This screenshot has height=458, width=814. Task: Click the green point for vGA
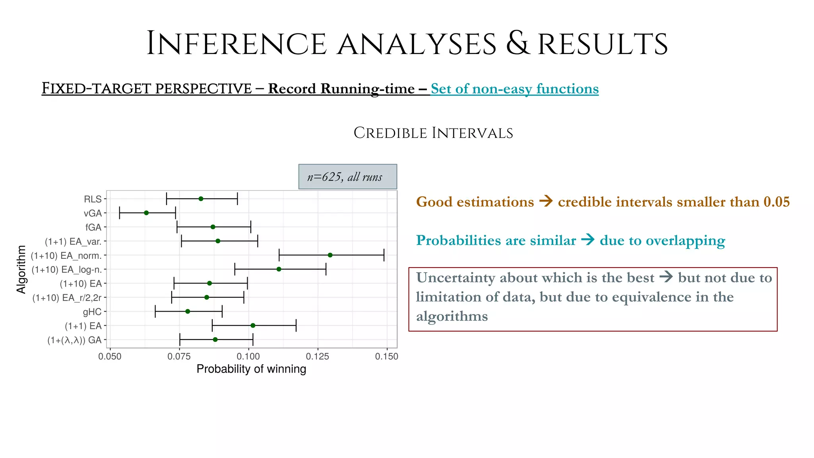click(x=146, y=213)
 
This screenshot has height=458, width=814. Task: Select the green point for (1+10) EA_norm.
click(x=330, y=255)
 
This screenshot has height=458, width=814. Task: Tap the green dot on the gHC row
click(x=188, y=311)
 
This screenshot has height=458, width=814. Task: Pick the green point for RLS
click(x=201, y=199)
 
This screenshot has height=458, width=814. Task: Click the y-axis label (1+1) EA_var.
click(x=73, y=241)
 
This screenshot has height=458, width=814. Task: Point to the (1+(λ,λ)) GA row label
click(x=74, y=340)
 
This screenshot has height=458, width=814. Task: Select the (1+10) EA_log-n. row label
click(x=66, y=270)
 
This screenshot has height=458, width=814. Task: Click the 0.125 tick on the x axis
click(x=318, y=357)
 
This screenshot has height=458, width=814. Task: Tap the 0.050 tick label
click(x=110, y=357)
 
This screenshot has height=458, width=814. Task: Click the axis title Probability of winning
click(x=251, y=369)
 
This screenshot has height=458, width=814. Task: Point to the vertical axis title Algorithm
click(x=21, y=269)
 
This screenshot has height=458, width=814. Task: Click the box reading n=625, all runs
click(x=347, y=177)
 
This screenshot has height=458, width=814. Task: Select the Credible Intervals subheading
click(x=433, y=133)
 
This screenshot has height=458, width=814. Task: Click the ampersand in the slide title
click(x=517, y=44)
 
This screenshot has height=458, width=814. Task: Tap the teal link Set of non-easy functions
click(x=514, y=89)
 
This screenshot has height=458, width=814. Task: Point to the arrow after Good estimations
click(x=546, y=202)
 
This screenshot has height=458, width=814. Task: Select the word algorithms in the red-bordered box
click(x=452, y=316)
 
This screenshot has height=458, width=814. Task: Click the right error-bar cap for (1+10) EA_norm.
click(x=384, y=255)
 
